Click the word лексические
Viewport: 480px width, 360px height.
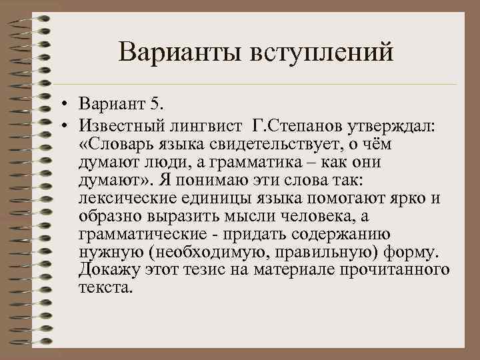(125, 199)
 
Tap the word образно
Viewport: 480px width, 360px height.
(109, 217)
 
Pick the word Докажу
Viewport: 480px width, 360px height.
(109, 270)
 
